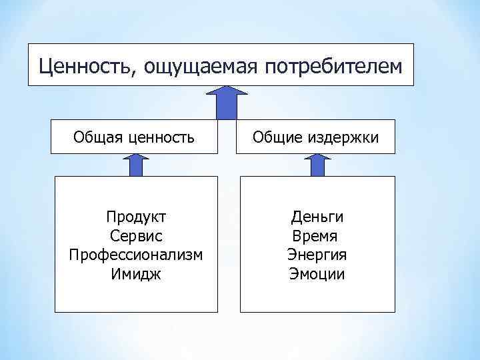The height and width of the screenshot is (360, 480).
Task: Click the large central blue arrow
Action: point(228,103)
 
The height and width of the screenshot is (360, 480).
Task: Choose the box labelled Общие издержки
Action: point(317,137)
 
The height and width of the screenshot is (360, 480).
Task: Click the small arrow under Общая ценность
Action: point(135,165)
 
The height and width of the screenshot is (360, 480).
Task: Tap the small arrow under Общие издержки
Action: point(317,165)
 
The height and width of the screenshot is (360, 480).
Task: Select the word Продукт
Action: point(136,217)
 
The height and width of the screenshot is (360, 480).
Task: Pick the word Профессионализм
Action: point(136,255)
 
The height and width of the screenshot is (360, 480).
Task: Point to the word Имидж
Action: point(136,273)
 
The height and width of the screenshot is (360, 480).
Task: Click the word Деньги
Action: point(317,217)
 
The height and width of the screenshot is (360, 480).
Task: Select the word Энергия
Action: point(317,255)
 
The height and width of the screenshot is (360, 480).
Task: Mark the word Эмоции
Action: point(317,273)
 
